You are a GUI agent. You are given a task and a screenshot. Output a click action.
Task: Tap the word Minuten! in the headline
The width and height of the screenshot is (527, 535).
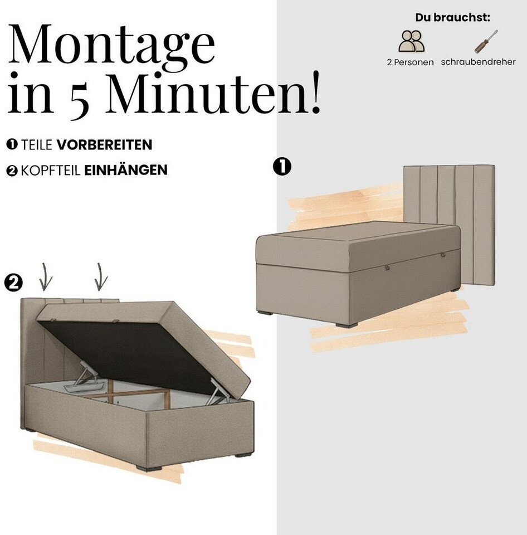[213, 92]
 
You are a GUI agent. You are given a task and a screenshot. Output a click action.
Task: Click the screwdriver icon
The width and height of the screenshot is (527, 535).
[486, 42]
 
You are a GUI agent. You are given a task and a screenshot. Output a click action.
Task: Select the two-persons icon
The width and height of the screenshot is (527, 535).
[411, 41]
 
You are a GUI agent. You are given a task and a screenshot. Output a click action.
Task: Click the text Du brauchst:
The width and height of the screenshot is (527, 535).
[452, 17]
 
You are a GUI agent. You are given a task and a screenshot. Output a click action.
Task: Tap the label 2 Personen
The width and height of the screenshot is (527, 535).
[411, 62]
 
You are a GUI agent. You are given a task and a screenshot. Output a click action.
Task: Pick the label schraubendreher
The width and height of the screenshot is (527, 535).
[478, 62]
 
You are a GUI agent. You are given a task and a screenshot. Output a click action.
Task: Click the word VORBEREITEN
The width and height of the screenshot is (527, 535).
[104, 145]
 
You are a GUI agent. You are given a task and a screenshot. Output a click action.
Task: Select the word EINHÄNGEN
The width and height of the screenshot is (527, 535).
[126, 170]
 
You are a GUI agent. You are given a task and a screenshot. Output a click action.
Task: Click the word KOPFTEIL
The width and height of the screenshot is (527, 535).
[51, 171]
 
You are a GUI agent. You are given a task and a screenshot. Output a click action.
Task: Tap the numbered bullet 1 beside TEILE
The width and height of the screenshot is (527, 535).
[12, 144]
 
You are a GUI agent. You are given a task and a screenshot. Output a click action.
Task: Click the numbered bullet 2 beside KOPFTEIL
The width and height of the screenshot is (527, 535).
[12, 171]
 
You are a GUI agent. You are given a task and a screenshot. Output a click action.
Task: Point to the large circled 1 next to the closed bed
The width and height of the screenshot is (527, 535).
[282, 167]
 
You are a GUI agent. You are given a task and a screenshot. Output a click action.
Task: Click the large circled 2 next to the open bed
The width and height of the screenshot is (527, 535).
[13, 283]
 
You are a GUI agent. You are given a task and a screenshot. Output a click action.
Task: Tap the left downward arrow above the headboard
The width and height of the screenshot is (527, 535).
[45, 277]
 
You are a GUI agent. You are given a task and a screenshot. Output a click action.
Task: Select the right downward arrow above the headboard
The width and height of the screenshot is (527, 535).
[100, 277]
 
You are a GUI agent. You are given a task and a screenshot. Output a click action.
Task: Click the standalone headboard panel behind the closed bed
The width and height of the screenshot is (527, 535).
[449, 225]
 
